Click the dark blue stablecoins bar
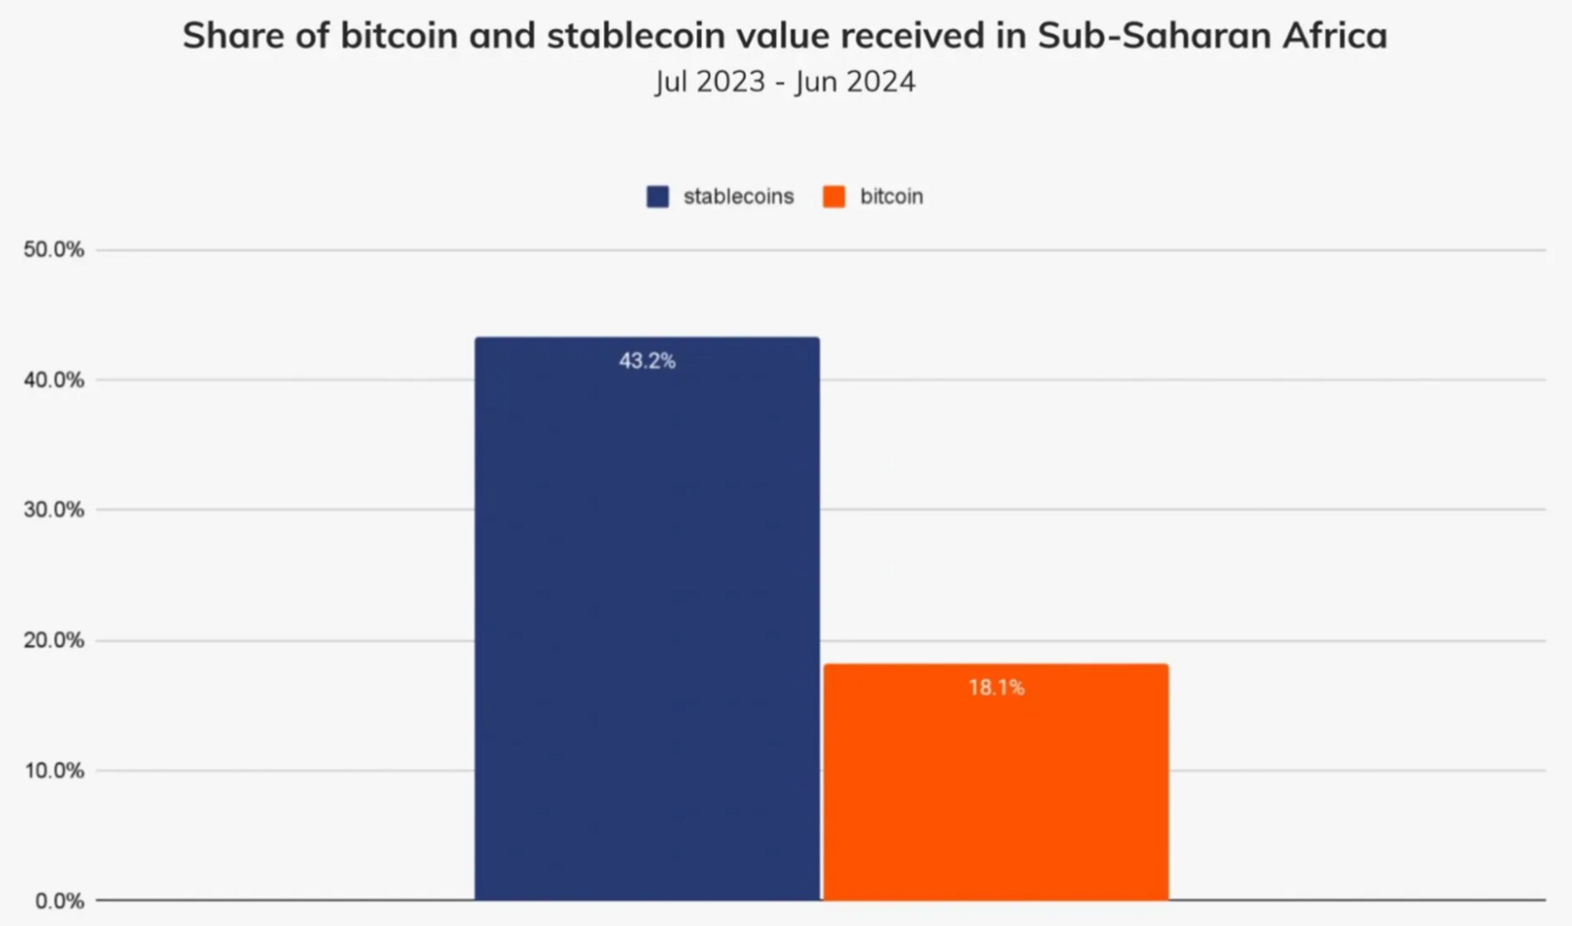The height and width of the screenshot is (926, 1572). (647, 617)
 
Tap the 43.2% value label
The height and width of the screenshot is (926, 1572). (647, 361)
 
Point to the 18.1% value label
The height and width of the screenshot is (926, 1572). (996, 688)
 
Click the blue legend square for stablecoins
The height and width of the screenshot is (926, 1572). (658, 196)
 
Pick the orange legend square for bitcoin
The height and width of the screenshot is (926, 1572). (834, 196)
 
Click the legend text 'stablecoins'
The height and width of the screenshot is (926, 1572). (738, 196)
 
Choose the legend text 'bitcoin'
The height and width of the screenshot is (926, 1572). (891, 196)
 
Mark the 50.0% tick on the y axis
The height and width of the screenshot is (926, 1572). (53, 250)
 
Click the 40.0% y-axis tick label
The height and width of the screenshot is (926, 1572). (53, 380)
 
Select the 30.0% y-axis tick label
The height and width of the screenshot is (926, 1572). (53, 510)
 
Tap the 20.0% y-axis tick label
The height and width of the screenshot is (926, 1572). (53, 641)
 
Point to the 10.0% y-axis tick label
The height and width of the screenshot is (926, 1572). (53, 771)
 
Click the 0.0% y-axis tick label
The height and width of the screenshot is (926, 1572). (59, 901)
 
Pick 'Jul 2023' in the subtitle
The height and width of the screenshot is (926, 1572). (710, 81)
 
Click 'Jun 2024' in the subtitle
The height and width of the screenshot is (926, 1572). (855, 81)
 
